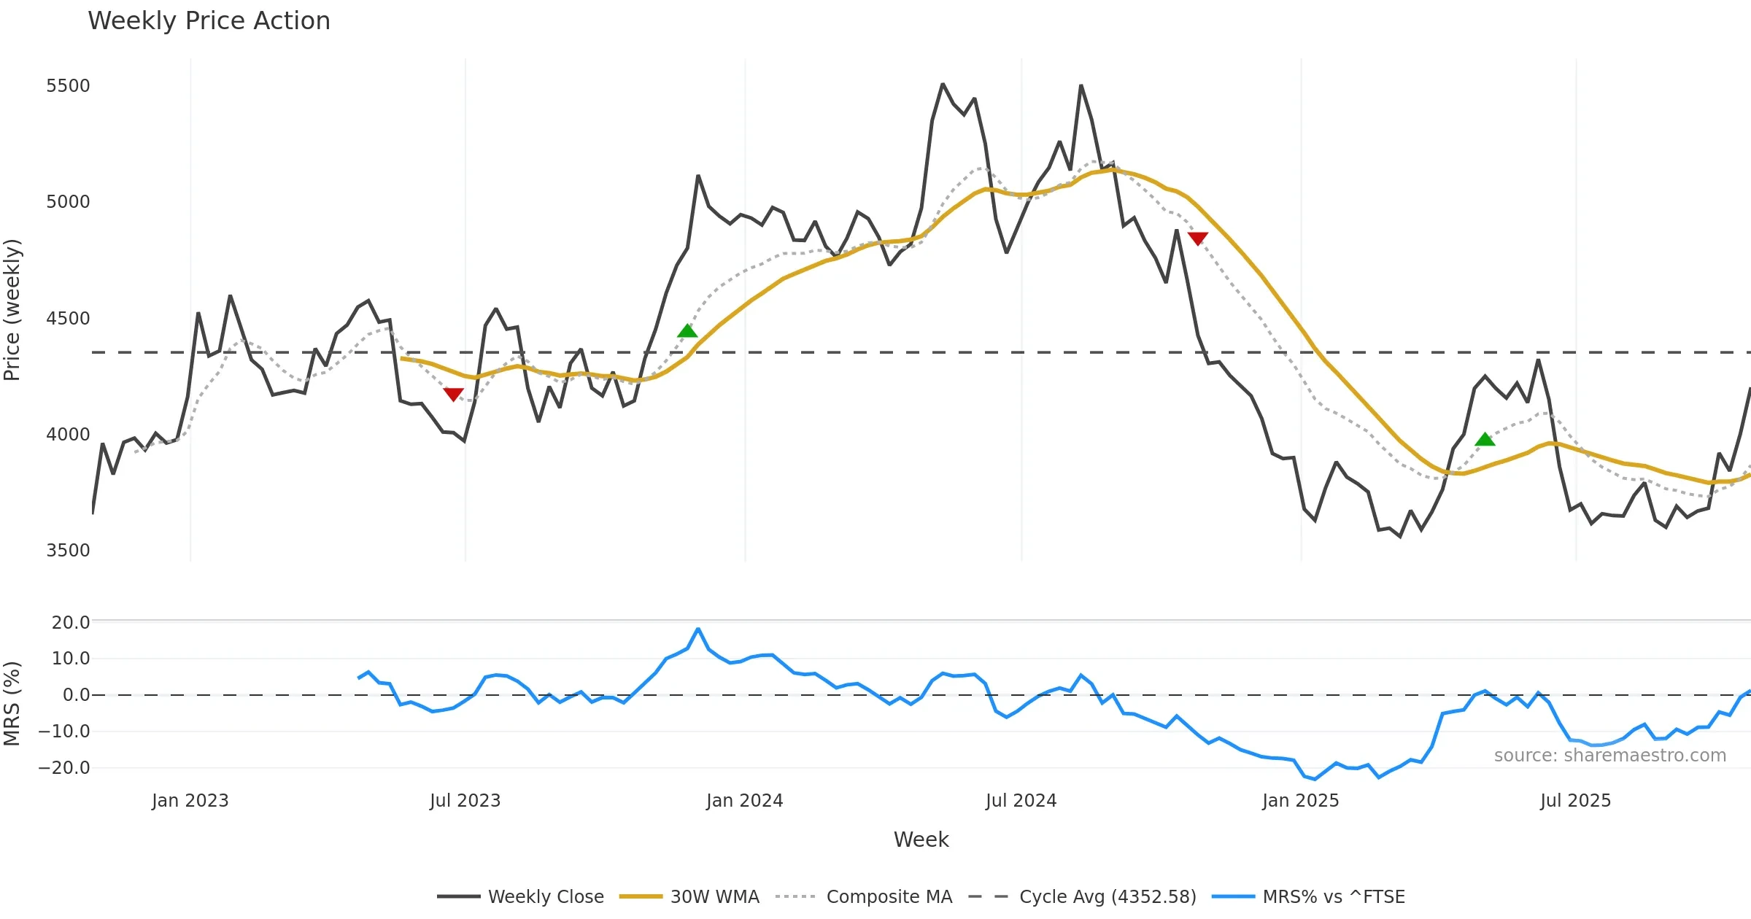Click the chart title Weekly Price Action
209,21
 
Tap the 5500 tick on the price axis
68,86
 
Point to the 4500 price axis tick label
68,319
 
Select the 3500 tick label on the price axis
68,551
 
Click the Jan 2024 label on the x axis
744,801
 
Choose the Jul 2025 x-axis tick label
1575,801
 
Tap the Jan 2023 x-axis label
190,801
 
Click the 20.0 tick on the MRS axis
71,623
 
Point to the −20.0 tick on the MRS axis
64,768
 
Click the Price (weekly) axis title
12,310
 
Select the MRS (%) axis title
12,703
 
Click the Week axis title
921,840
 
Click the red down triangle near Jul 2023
453,395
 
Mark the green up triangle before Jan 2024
687,331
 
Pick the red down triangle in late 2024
1197,239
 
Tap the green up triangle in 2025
1485,439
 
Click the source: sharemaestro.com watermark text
1609,756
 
